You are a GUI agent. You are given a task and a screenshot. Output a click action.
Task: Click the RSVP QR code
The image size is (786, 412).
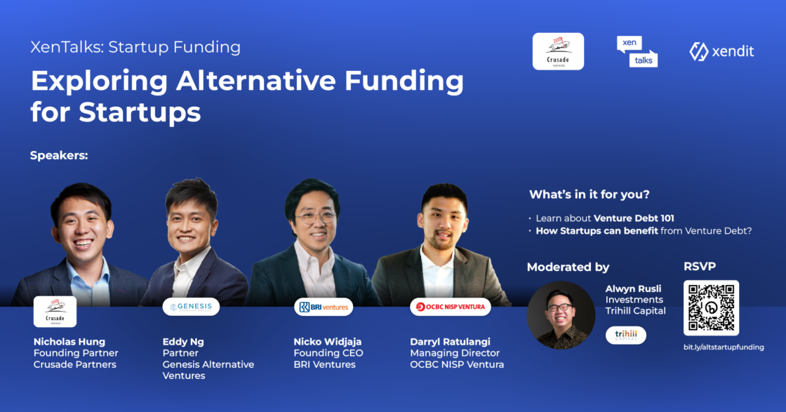(711, 307)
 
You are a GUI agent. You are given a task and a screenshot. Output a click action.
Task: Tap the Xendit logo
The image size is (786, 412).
(721, 51)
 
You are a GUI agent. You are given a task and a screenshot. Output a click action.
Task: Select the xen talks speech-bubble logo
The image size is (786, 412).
(637, 52)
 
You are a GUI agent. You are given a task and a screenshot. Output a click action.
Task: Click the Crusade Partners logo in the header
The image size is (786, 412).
(558, 51)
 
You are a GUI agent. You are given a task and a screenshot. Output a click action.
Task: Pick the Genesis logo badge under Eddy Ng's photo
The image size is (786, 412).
(191, 307)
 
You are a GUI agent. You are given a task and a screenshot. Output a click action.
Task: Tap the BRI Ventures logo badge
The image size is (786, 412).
(324, 307)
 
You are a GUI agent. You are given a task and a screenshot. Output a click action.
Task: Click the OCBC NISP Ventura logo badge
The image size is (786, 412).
(450, 307)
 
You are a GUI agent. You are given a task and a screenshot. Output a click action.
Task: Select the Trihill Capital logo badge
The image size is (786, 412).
(625, 335)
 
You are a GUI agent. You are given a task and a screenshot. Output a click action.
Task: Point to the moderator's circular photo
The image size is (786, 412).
(561, 315)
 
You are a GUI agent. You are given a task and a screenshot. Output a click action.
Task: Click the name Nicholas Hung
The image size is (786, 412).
(69, 342)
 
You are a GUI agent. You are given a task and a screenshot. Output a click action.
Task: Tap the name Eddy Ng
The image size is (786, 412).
(183, 342)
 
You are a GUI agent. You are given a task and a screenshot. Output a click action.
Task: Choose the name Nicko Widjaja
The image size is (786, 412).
(327, 342)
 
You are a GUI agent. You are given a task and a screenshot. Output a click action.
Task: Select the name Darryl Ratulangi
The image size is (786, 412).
(450, 342)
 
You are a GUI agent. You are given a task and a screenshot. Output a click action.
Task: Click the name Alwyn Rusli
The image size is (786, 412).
(633, 288)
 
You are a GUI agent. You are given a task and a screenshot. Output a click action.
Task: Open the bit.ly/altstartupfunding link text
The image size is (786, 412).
(724, 347)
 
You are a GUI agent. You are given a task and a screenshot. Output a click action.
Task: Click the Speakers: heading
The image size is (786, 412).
(59, 155)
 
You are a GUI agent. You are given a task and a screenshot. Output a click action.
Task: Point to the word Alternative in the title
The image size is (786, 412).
(255, 81)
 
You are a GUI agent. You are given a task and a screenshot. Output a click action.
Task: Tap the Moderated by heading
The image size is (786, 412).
(568, 267)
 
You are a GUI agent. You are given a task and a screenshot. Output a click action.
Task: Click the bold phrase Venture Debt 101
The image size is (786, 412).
(634, 218)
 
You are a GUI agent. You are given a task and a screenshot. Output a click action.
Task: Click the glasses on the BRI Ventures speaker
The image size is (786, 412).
(315, 217)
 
